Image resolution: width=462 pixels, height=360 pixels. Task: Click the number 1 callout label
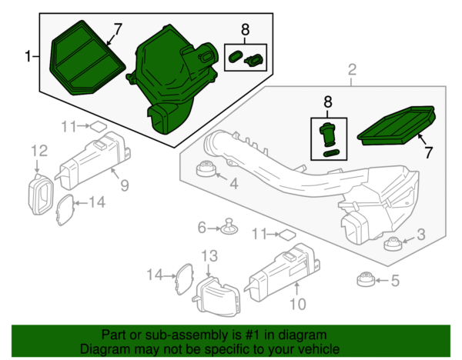click(28, 55)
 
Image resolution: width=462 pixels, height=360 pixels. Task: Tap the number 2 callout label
click(352, 72)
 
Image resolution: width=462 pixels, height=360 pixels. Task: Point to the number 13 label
click(210, 255)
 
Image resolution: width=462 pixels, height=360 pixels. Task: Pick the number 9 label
click(124, 185)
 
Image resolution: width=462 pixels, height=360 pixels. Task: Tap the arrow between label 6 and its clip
click(215, 228)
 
